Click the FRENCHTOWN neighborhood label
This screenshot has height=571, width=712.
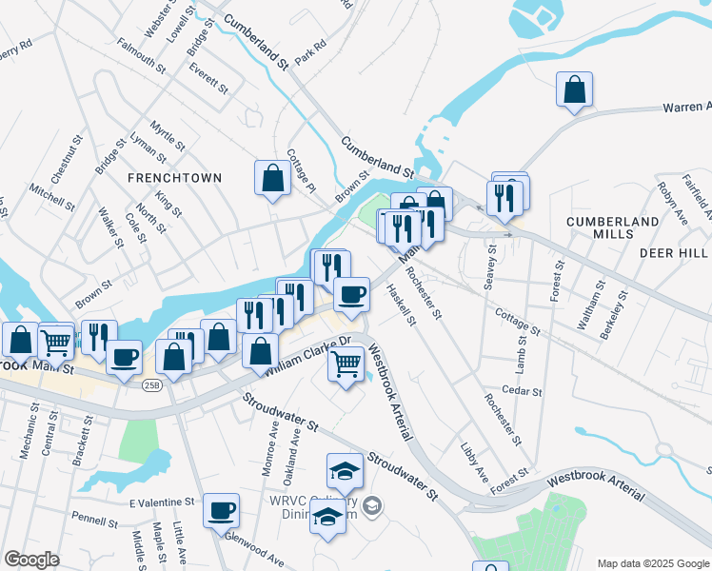click(176, 178)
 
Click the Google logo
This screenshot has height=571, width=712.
click(31, 560)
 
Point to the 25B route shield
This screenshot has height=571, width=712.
click(151, 385)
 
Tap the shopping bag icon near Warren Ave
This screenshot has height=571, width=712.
click(575, 90)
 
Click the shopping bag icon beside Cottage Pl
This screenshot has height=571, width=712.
click(272, 178)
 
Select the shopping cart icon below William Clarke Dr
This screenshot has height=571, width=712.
click(346, 364)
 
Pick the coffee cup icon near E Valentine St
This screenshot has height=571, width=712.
click(222, 511)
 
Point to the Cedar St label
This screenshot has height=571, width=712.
click(522, 391)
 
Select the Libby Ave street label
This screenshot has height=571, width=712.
click(474, 462)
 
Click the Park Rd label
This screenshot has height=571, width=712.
click(310, 51)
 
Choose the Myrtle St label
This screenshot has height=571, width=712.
click(168, 134)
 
